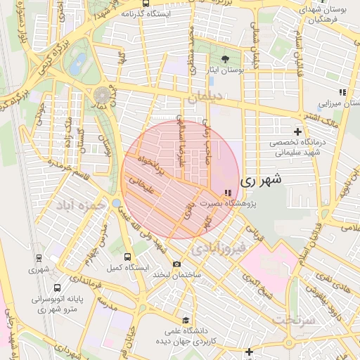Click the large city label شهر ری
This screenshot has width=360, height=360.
pyautogui.click(x=261, y=180)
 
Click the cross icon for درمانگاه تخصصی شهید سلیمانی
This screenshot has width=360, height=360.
pyautogui.click(x=298, y=131)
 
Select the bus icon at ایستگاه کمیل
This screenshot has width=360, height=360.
pyautogui.click(x=127, y=257)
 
